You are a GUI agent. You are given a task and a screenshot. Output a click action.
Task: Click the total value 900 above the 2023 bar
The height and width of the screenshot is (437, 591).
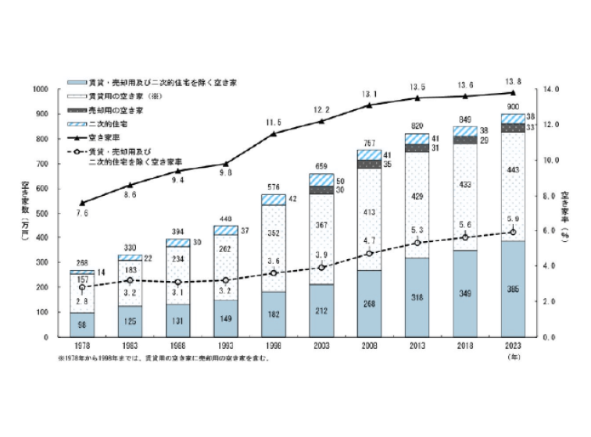click(x=512, y=105)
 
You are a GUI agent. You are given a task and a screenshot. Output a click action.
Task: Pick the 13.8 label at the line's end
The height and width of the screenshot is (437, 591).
click(x=512, y=81)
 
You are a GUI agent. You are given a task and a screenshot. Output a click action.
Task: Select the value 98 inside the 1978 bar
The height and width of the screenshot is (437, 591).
click(x=82, y=325)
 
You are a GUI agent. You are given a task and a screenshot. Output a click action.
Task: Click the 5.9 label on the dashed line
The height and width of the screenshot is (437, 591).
click(x=513, y=220)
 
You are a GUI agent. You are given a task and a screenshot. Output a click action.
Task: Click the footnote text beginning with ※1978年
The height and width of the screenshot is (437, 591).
click(x=164, y=359)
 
